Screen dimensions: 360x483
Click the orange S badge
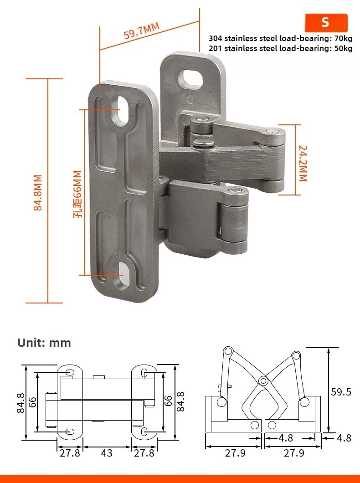tap(326, 22)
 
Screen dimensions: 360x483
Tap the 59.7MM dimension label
tap(142, 30)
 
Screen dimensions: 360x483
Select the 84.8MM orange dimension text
tap(37, 193)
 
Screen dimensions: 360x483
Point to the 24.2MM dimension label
tap(303, 163)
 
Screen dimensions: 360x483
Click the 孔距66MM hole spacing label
tap(77, 194)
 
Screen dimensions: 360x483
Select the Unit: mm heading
tap(44, 343)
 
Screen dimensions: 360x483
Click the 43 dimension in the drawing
tap(107, 453)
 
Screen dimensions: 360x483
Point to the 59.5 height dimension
tap(341, 392)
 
